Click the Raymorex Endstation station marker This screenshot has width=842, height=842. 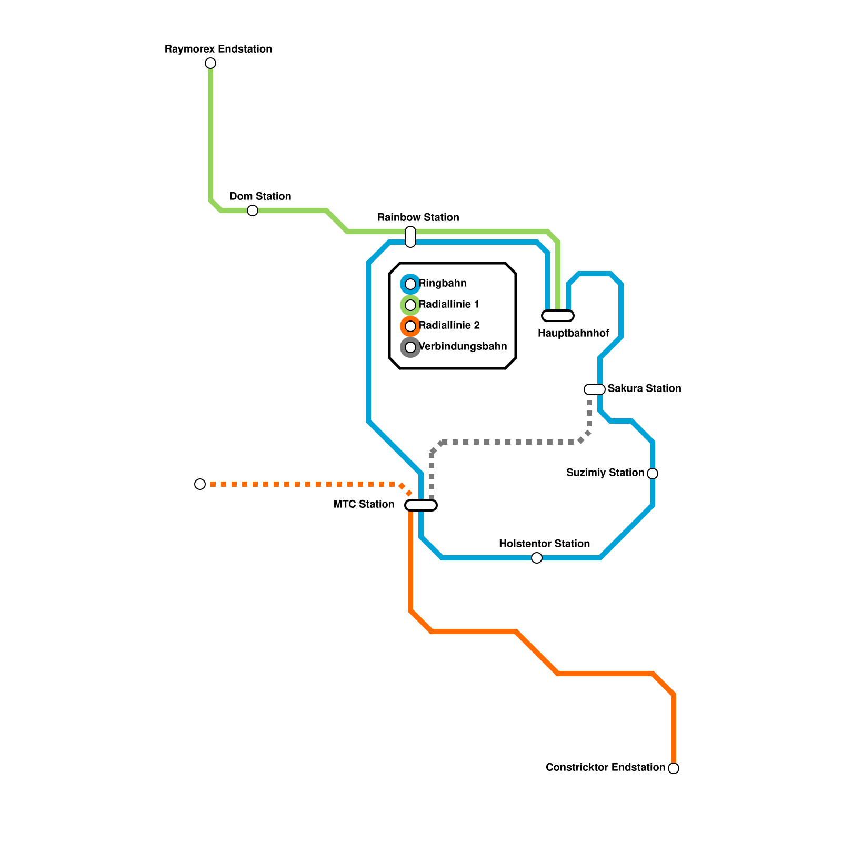[x=210, y=63]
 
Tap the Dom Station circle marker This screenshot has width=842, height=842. [x=253, y=210]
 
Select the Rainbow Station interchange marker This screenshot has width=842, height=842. [x=410, y=237]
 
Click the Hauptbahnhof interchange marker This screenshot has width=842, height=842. [x=558, y=316]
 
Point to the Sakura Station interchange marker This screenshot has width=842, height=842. [x=595, y=389]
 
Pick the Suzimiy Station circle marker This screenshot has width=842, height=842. [x=653, y=474]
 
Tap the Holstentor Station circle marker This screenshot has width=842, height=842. [x=537, y=558]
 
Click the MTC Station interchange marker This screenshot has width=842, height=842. [x=421, y=505]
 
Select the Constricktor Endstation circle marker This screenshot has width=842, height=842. [x=674, y=768]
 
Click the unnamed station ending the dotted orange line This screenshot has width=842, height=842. [x=200, y=484]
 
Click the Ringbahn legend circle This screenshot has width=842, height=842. [x=410, y=284]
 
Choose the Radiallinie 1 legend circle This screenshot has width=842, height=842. [x=410, y=305]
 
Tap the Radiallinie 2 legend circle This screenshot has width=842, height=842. [x=410, y=326]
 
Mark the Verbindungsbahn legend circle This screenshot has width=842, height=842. [x=410, y=347]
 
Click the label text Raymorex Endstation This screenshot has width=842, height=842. [x=218, y=49]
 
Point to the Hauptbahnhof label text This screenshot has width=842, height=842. [x=573, y=333]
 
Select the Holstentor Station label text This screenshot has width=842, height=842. [x=544, y=544]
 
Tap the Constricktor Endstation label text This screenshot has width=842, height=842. [x=605, y=767]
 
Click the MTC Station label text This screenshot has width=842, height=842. [x=364, y=504]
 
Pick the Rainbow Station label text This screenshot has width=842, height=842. [x=418, y=217]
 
